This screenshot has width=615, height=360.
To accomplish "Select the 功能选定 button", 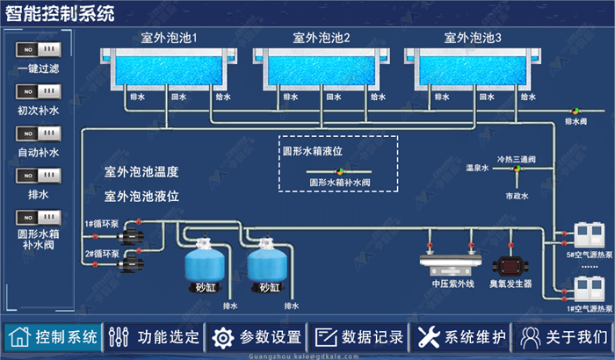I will tap(153, 337).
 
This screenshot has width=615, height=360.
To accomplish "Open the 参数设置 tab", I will tap(257, 337).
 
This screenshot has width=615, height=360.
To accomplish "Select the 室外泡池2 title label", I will tap(322, 39).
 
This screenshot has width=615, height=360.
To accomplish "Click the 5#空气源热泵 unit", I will tap(584, 235).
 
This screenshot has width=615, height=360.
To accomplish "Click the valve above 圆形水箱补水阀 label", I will tap(339, 170).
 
